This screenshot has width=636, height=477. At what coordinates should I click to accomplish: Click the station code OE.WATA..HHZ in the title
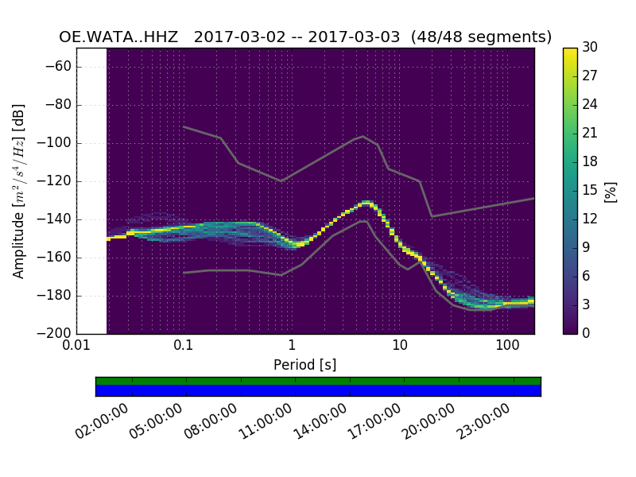(x=121, y=37)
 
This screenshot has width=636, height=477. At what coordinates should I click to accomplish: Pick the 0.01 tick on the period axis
(x=76, y=345)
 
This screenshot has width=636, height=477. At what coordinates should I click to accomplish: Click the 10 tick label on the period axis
(x=399, y=345)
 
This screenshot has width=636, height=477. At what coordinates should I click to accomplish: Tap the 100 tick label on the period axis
(x=507, y=345)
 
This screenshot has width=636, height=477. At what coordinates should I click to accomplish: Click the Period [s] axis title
(x=304, y=365)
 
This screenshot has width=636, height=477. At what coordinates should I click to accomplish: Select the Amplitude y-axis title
(x=19, y=191)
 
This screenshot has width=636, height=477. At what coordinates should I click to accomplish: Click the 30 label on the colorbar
(x=589, y=48)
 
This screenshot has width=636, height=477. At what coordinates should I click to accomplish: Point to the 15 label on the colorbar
(x=589, y=190)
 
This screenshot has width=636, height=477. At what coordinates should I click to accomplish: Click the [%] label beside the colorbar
(x=611, y=191)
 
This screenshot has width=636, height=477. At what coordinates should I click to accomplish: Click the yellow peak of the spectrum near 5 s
(x=366, y=203)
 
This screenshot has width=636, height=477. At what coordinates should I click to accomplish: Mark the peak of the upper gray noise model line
(x=363, y=136)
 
